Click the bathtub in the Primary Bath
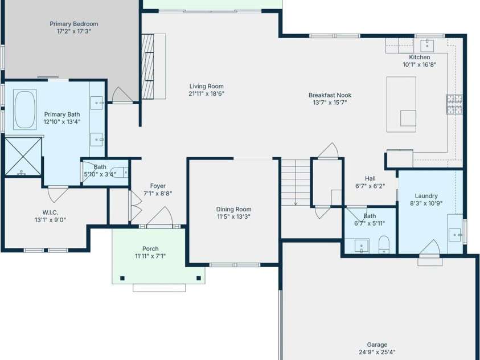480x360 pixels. [x=25, y=109]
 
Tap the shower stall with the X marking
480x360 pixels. [x=23, y=156]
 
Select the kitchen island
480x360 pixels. [x=401, y=104]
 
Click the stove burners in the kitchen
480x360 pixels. [x=454, y=104]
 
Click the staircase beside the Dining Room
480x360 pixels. [x=295, y=182]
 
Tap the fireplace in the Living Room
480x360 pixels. [x=147, y=67]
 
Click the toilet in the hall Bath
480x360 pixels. [x=384, y=244]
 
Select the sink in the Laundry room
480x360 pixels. [x=454, y=233]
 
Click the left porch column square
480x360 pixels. [x=122, y=278]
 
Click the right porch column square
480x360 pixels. [x=199, y=278]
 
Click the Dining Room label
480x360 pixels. [x=233, y=209]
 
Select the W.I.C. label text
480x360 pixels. [x=50, y=212]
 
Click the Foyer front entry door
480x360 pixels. [x=161, y=218]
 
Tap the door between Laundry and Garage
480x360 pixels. [x=430, y=251]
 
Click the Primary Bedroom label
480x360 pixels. [x=73, y=24]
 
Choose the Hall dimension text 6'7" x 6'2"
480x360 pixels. [x=370, y=186]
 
